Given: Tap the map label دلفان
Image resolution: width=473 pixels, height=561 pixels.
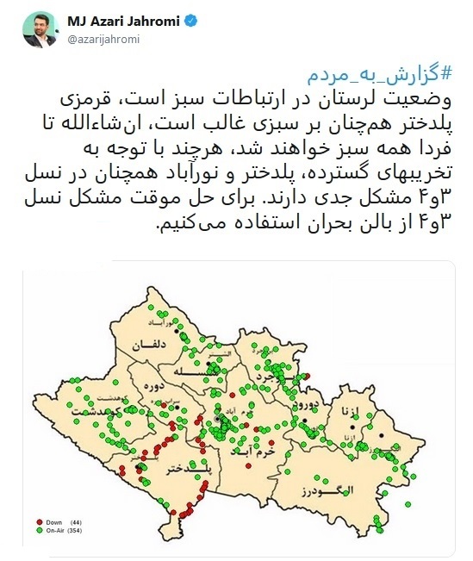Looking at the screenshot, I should pyautogui.click(x=147, y=346).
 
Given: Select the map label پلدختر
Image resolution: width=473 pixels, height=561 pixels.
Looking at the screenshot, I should pyautogui.click(x=165, y=467).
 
